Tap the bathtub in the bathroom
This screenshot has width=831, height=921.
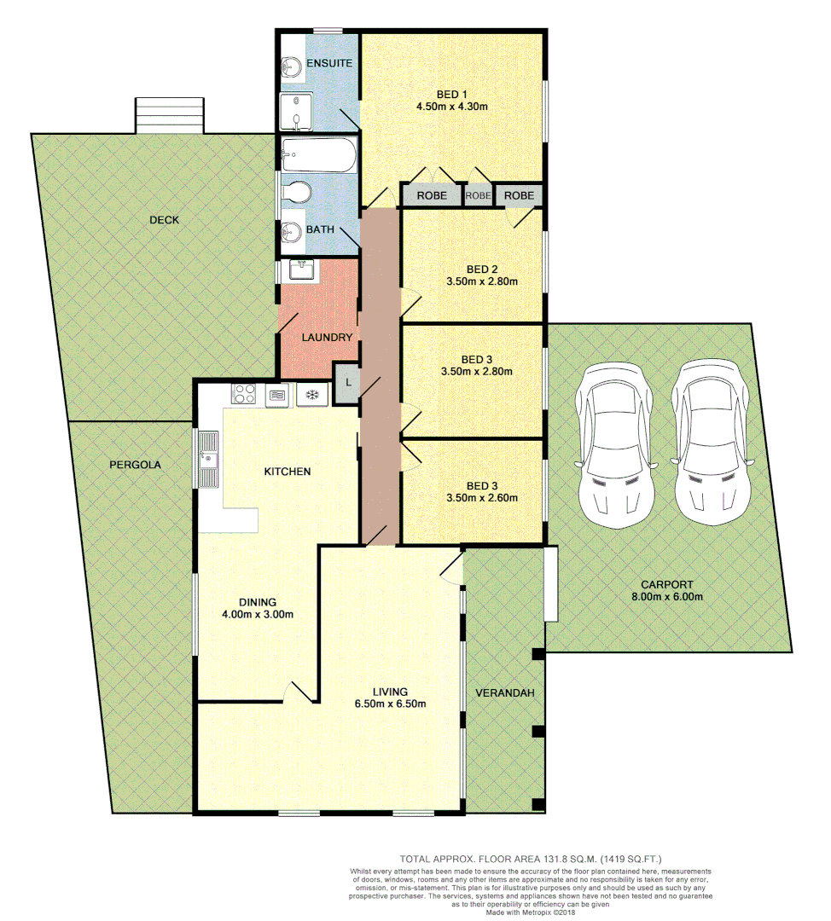(318, 155)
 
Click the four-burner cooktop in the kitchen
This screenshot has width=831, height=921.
(245, 394)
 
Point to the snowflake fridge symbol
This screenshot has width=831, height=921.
(311, 394)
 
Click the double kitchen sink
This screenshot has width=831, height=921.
(207, 460)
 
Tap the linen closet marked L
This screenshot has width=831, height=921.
(348, 383)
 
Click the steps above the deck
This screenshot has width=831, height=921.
(170, 115)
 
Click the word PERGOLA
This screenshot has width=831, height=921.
(135, 465)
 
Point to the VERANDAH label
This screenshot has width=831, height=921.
(505, 692)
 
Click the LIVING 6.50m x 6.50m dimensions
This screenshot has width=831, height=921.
(390, 704)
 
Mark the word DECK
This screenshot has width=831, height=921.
(164, 220)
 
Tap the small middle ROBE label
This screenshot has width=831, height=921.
(479, 195)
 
